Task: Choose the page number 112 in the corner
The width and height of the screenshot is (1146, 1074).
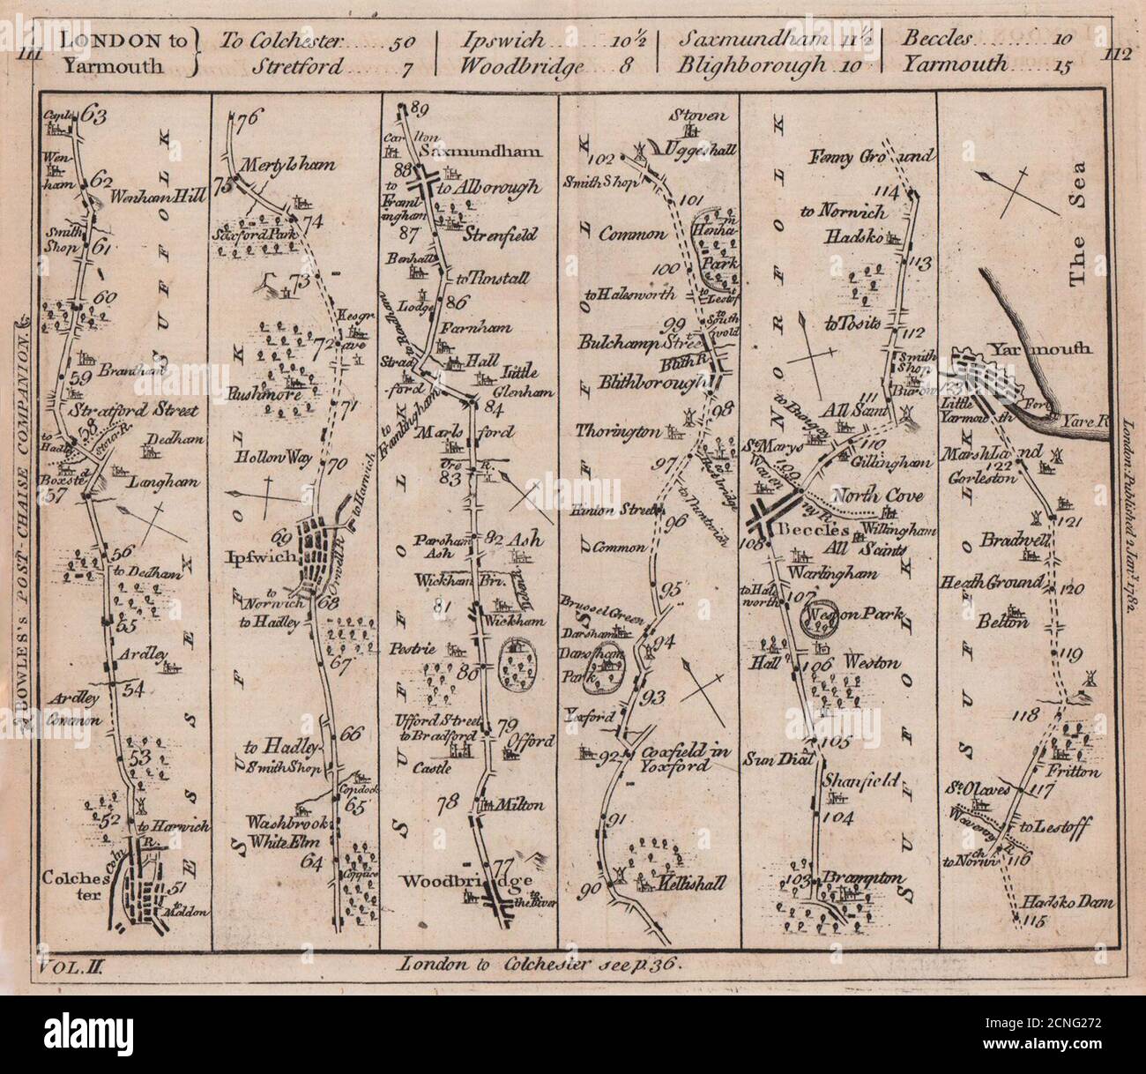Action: pyautogui.click(x=1115, y=53)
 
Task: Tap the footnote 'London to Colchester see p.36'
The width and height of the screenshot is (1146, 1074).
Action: pyautogui.click(x=540, y=964)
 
